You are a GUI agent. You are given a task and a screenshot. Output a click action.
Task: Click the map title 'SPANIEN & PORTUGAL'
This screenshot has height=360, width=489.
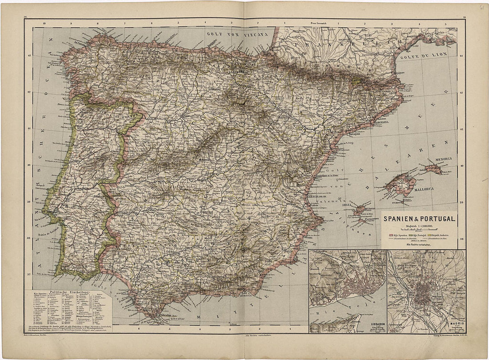point(419,219)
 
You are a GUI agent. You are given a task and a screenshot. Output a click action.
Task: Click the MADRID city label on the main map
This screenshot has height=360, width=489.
point(205,158)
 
